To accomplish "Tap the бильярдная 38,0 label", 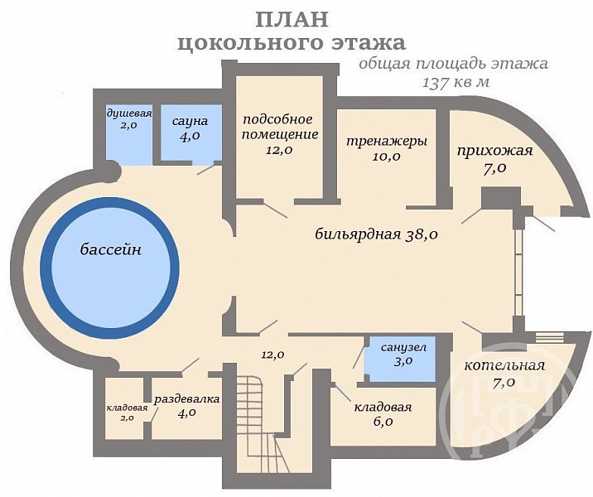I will [376, 234].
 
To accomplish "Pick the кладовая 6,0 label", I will [383, 413].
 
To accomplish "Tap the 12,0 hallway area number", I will [273, 355].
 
